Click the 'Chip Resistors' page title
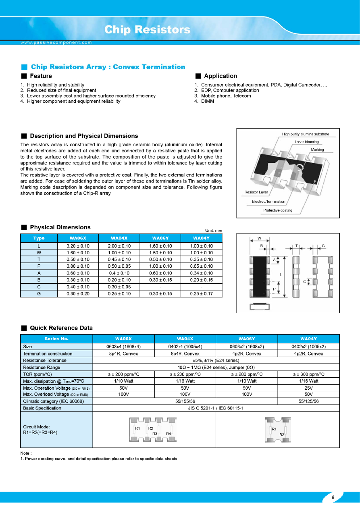[x=147, y=30]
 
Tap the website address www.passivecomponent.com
[x=56, y=42]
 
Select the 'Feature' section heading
[x=41, y=76]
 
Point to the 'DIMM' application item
[x=207, y=101]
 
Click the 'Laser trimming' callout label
[x=306, y=142]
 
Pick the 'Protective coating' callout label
[x=278, y=210]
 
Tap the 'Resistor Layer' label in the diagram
[x=256, y=192]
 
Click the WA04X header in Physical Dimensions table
[x=119, y=238]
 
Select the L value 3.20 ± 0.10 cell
[x=78, y=246]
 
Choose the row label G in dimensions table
[x=39, y=294]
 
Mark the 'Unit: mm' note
[x=214, y=231]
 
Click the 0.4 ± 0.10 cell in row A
[x=119, y=273]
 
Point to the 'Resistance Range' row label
[x=42, y=367]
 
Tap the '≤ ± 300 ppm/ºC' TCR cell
[x=308, y=374]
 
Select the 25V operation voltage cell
[x=308, y=388]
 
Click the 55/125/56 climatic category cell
[x=308, y=401]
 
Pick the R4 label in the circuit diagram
[x=169, y=433]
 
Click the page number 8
[x=333, y=497]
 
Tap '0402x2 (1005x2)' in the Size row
[x=308, y=347]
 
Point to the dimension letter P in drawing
[x=274, y=289]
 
